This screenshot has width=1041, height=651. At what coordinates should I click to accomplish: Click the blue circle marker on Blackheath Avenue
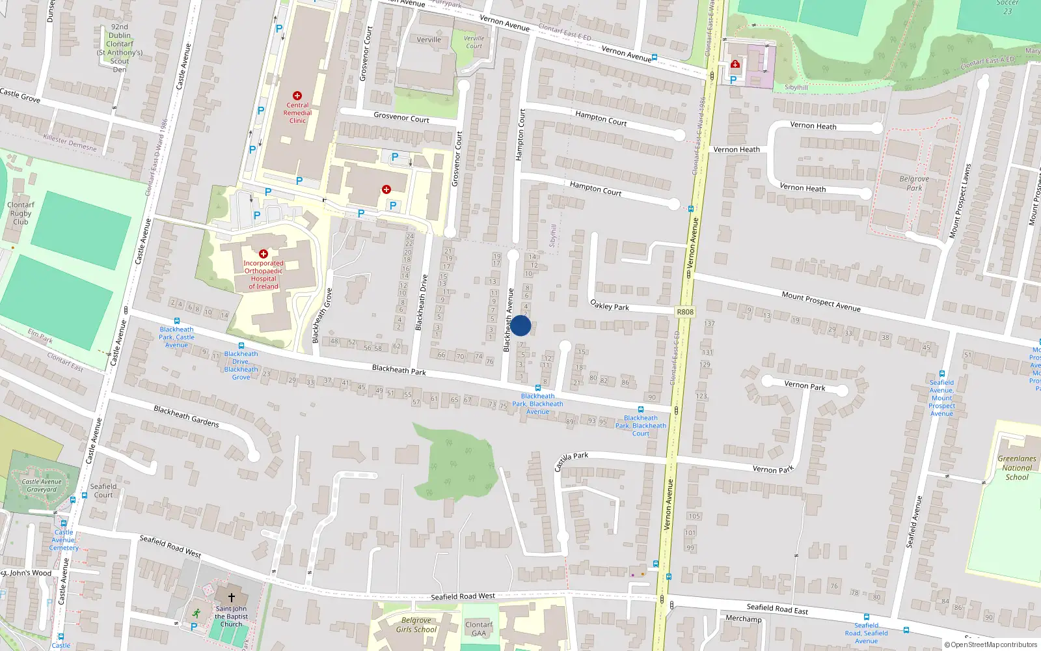(x=520, y=325)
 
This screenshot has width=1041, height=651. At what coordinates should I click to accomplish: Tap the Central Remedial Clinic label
(x=297, y=113)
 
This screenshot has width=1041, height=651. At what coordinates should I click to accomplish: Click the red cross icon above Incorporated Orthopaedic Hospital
(x=264, y=254)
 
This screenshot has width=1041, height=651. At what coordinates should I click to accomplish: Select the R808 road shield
(x=685, y=312)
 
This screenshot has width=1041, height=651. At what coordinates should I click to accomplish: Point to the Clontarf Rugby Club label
(x=21, y=213)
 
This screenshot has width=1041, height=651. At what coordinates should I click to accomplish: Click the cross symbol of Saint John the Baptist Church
(x=231, y=597)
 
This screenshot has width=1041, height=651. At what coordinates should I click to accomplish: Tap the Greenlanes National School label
(x=1017, y=467)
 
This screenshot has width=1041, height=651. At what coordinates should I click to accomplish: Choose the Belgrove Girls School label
(x=416, y=625)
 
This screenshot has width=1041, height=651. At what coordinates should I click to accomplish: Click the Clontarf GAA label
(x=479, y=629)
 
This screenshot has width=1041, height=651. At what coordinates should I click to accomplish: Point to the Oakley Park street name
(x=610, y=305)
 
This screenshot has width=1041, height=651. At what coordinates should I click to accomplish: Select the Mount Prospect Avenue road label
(x=821, y=301)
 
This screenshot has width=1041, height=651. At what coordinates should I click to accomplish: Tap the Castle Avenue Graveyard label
(x=42, y=486)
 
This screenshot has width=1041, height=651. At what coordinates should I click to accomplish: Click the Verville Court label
(x=474, y=42)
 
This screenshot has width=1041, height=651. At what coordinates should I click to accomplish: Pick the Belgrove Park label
(x=914, y=184)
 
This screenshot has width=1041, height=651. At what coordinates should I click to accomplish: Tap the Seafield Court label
(x=103, y=490)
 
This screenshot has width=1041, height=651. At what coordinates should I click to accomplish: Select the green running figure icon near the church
(x=196, y=613)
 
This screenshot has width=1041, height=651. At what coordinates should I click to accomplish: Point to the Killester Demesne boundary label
(x=70, y=143)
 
